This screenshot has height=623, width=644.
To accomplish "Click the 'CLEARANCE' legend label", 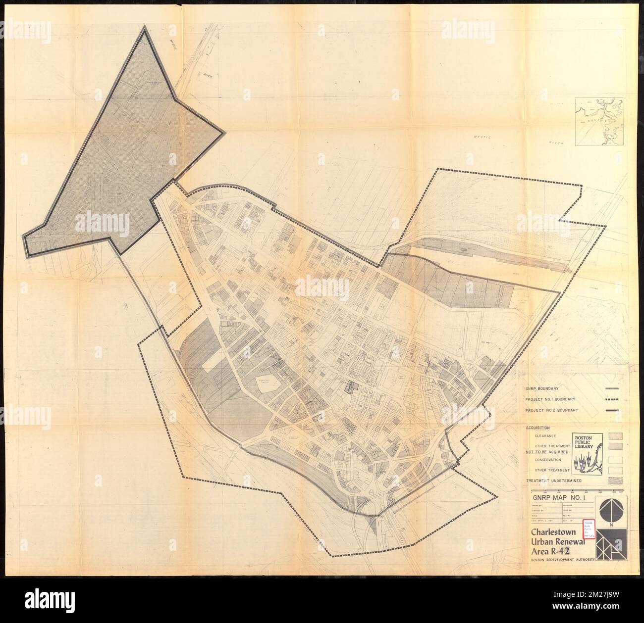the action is (x=544, y=436).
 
